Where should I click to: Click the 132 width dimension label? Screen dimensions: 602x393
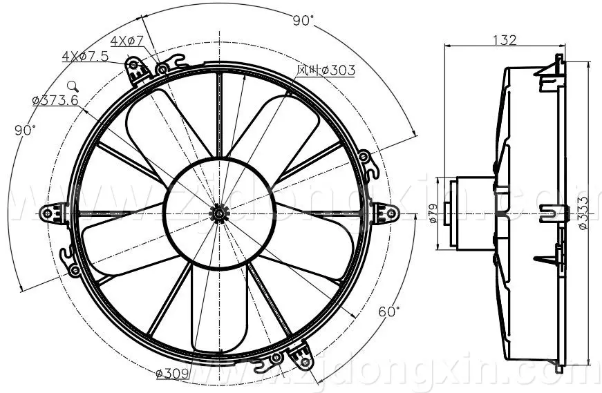pos(505,40)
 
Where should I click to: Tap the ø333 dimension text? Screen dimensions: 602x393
pos(583,213)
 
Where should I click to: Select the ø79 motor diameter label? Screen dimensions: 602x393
pos(432,213)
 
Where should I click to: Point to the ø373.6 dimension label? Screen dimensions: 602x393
pos(55,101)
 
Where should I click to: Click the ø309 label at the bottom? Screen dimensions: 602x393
pos(172,373)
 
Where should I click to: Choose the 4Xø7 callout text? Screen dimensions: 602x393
pos(126,41)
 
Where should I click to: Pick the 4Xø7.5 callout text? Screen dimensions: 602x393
pos(85,57)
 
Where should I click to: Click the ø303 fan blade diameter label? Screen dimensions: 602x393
pos(326,70)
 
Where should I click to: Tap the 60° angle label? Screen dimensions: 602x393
pos(389,311)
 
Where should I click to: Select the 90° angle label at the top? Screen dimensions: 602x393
pos(303,21)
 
